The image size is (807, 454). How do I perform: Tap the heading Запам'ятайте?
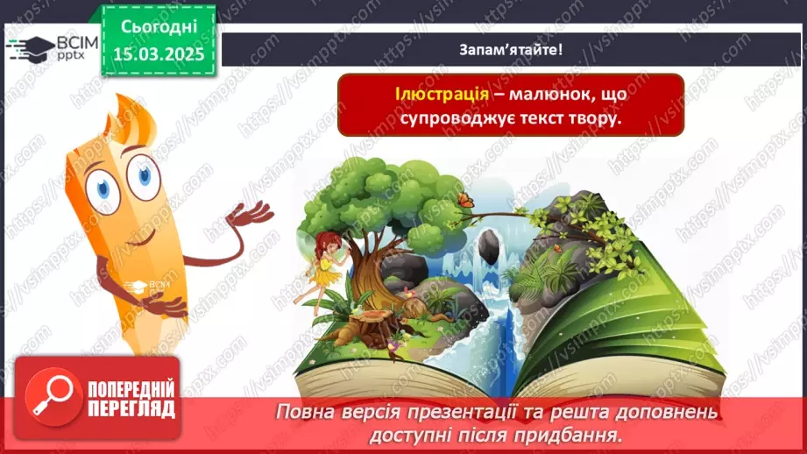point(511,50)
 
